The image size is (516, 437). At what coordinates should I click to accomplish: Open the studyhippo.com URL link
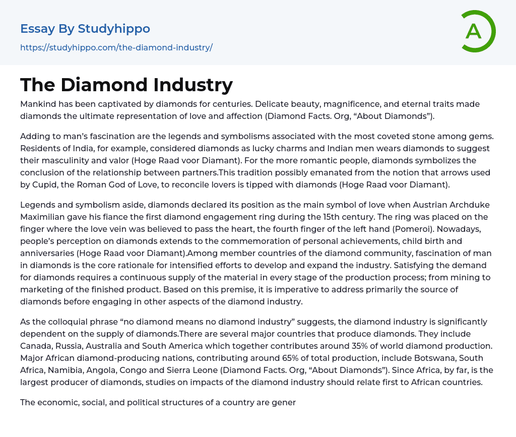[116, 47]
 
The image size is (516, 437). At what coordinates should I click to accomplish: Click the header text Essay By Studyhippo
[85, 29]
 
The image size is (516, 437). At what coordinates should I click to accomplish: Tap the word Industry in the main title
[193, 85]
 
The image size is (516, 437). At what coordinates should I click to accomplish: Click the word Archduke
[469, 205]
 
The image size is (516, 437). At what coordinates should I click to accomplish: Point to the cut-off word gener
[284, 402]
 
